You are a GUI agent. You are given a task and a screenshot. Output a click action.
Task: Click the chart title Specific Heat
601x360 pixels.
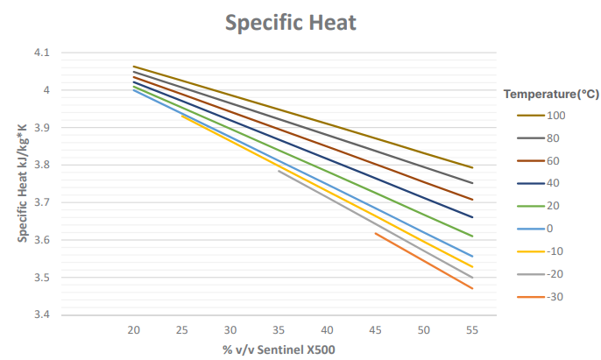coord(291,23)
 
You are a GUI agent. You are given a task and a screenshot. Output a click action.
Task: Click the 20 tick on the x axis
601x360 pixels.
coord(134,330)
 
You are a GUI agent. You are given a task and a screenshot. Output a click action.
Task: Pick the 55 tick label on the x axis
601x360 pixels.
coord(472,330)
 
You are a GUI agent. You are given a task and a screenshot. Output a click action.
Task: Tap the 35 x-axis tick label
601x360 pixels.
coord(279,330)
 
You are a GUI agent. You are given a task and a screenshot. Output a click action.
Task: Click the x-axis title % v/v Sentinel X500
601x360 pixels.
coord(279,350)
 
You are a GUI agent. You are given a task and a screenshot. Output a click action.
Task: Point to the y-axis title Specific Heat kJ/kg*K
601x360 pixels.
coord(22,184)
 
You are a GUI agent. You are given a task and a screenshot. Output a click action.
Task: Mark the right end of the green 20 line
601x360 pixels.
coord(472,236)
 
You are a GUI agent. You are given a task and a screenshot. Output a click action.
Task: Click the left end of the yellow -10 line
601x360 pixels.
coord(182,116)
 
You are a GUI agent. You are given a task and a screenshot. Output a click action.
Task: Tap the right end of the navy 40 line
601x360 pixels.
coord(472,217)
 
